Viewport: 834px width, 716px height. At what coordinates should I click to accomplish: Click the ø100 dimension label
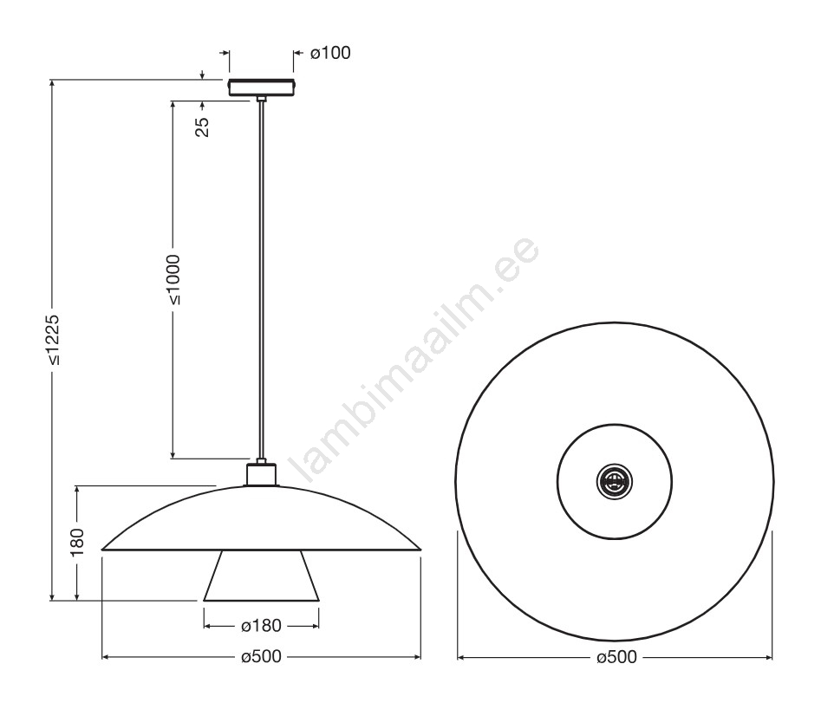point(330,53)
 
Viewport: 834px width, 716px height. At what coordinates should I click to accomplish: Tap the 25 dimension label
point(203,127)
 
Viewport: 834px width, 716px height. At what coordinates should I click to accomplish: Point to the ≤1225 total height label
point(52,340)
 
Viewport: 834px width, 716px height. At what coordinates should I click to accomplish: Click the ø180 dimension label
point(261,626)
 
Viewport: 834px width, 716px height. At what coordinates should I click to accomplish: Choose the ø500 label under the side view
point(261,657)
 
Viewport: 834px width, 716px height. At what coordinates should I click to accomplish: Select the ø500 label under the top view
point(616,657)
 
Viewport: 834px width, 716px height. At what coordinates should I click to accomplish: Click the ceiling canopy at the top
point(261,88)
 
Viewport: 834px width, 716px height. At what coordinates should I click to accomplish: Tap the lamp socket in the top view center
point(615,481)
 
